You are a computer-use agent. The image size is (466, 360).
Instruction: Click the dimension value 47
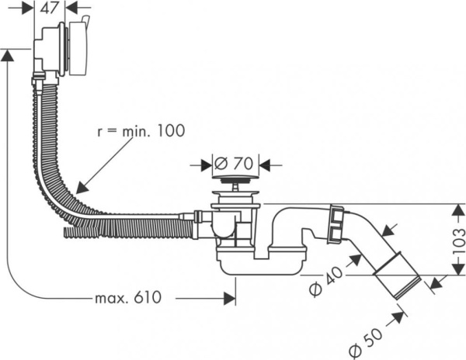50,9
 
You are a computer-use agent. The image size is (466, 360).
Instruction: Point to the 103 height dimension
457,241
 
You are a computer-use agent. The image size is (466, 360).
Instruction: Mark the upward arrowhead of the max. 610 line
7,54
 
